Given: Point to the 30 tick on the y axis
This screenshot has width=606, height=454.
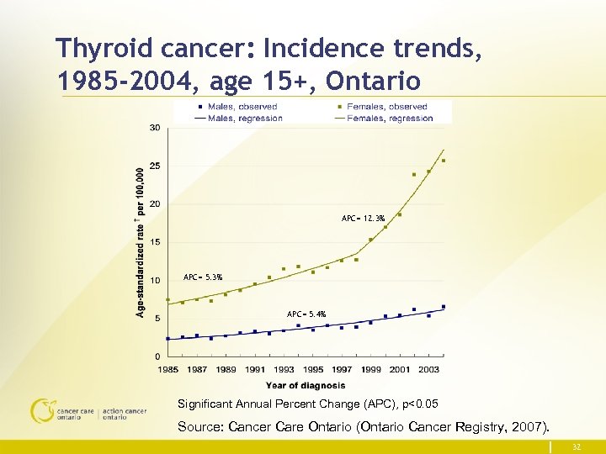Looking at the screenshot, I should (156, 128).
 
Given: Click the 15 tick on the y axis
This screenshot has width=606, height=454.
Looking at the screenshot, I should (156, 242).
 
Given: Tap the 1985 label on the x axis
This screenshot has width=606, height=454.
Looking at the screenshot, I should (168, 370).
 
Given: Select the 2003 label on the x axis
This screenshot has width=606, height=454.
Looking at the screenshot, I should (428, 370).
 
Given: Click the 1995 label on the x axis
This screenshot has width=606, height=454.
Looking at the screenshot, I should (312, 370).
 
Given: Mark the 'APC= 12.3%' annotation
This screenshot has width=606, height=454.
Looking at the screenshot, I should (363, 219).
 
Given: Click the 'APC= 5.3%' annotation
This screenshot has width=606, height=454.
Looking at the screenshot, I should (203, 277).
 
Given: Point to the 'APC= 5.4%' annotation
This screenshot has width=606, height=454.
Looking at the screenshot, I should (306, 314).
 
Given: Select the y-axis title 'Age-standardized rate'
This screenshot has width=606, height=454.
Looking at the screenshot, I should (140, 244).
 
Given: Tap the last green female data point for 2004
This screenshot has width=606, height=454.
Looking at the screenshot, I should (444, 161).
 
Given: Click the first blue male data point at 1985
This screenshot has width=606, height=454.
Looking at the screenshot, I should (168, 339).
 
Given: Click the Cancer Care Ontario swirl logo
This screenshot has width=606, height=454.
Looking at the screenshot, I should (41, 410).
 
